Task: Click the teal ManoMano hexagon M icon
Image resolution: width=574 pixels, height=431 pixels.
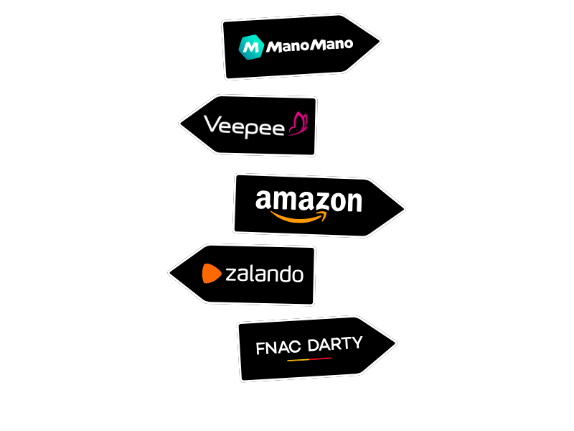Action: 250,47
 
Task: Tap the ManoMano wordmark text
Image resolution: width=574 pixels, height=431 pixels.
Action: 309,46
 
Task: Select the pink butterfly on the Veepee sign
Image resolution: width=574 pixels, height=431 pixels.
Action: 298,124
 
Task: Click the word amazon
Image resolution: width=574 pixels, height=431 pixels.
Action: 309,200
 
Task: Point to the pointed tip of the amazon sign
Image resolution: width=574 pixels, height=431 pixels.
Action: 404,209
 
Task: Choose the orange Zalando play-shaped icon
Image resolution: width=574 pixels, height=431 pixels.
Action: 211,274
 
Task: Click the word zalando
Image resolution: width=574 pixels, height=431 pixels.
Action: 264,274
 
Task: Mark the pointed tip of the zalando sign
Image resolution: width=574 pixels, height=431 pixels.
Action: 169,273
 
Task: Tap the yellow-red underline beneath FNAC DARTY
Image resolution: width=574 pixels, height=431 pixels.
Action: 309,358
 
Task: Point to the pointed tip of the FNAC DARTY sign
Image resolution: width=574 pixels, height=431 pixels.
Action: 395,343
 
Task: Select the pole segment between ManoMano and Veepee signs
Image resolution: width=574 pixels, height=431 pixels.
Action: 260,87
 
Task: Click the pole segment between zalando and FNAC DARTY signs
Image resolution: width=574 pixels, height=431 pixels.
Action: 260,314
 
